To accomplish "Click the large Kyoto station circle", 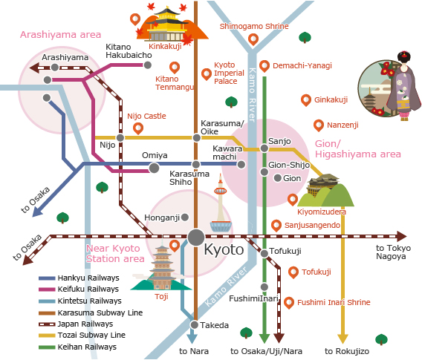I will point(195,237).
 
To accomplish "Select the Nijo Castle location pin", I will point(138,128).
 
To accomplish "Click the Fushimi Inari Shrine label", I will point(334,303).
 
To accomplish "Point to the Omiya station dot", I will point(154,168).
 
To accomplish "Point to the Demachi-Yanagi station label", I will point(302,66).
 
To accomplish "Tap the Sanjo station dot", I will point(264,149).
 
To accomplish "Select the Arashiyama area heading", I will point(60,35).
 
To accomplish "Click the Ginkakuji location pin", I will point(305,99).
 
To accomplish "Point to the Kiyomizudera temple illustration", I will point(323,190).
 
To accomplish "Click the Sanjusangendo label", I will point(312,225).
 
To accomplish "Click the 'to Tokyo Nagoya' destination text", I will point(391,252).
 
